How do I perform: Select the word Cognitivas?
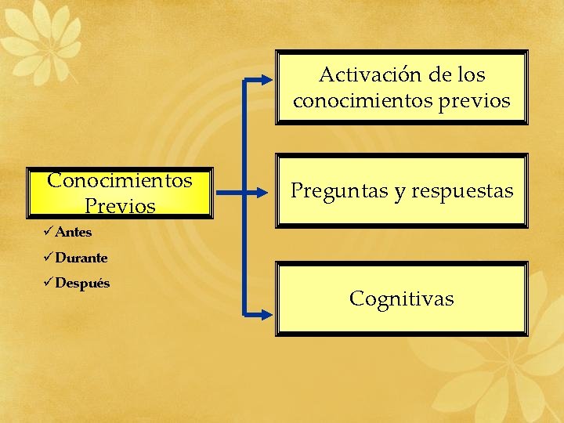coord(401,298)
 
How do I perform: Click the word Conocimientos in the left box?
coord(120,180)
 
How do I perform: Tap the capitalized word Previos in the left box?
coord(120,205)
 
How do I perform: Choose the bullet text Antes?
coord(74,232)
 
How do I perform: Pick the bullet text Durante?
coord(81,258)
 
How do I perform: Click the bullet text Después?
coord(82,283)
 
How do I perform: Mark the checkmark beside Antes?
coord(49,232)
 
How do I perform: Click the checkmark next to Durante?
coord(49,258)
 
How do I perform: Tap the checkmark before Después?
coord(49,283)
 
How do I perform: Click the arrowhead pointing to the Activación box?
coord(266,79)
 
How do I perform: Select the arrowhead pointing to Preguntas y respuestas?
coord(266,190)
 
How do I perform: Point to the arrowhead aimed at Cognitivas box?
coord(266,314)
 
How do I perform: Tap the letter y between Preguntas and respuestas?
coord(400,192)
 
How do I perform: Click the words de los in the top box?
coord(457,75)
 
